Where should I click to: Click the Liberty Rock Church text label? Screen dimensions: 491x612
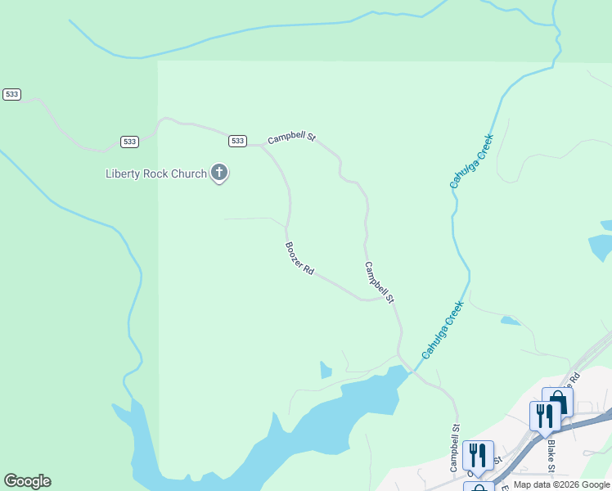coord(156,173)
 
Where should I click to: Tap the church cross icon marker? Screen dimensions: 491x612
coord(218,173)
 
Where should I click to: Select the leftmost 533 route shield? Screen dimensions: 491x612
coord(11,94)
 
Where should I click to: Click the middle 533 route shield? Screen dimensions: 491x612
coord(129,142)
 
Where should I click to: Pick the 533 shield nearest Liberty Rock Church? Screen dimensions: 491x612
coord(237,141)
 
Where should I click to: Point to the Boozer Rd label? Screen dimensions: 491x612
coord(299,257)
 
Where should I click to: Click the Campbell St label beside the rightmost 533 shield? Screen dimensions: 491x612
coord(291,137)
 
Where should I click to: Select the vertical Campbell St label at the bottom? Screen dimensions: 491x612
coord(455,448)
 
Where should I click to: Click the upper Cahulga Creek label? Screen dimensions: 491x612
coord(472,161)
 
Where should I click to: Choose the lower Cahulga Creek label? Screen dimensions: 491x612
coord(443,330)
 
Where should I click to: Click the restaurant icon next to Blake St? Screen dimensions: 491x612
coord(544,415)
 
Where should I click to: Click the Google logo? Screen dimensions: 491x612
coord(27,481)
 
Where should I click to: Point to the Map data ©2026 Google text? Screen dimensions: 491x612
coord(562,484)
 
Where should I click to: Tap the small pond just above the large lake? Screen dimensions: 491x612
coord(326,370)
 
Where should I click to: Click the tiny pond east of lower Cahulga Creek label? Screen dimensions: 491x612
coord(509,321)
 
